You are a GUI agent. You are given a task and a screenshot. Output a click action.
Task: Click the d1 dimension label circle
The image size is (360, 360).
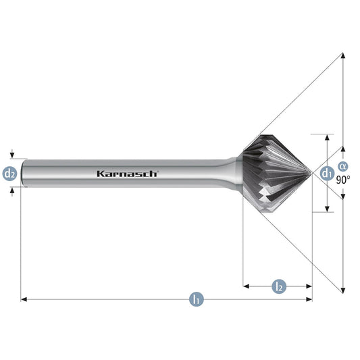[327, 173]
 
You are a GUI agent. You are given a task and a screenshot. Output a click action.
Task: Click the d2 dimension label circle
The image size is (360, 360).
[9, 174]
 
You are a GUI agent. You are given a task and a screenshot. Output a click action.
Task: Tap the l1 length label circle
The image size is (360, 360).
[197, 299]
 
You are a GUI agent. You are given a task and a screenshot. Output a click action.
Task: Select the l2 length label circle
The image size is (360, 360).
[279, 286]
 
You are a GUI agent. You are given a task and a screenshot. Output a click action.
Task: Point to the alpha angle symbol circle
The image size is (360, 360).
[343, 166]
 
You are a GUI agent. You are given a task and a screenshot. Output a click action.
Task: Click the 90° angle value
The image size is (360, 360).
[343, 180]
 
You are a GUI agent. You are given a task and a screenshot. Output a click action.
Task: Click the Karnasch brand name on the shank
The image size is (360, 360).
[127, 174]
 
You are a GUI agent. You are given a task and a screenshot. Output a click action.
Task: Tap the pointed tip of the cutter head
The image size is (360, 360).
[311, 174]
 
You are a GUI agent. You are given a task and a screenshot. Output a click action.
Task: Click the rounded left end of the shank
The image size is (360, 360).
[23, 173]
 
